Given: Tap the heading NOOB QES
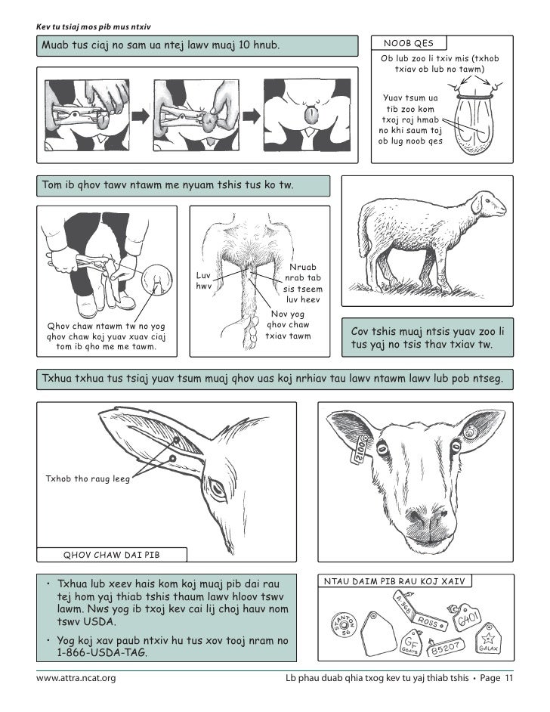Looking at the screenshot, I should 409,43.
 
